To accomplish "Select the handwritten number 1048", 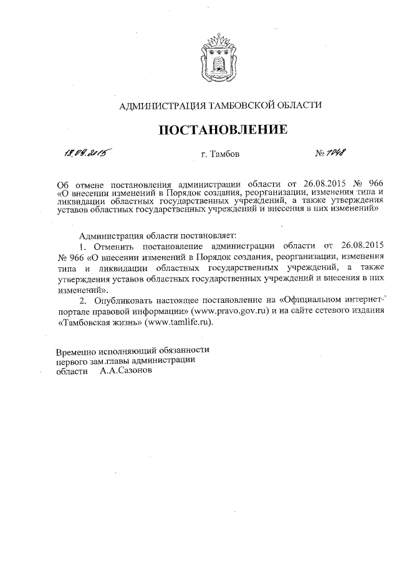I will tap(337, 152).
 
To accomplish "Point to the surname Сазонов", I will tap(125, 370).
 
